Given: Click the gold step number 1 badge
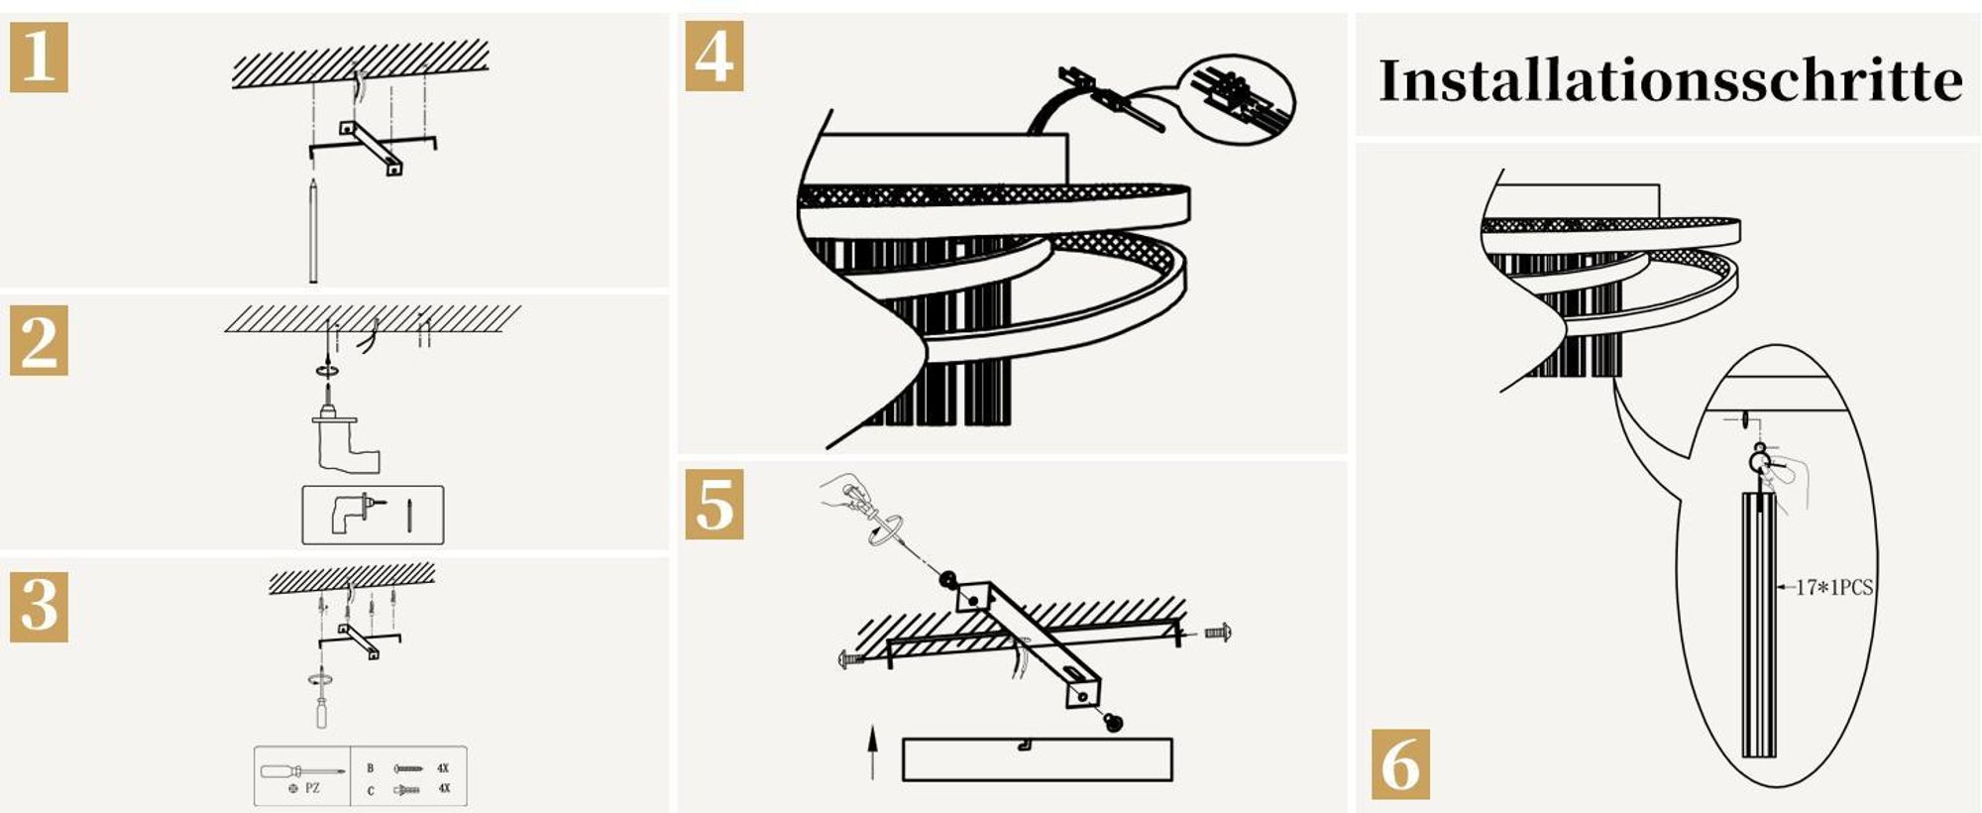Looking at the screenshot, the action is coord(39,57).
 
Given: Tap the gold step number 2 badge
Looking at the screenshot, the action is coord(39,340).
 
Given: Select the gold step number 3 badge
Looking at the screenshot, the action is coord(39,606).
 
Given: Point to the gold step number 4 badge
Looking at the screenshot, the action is coord(715,57).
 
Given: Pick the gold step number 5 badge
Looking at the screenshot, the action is coord(715,506).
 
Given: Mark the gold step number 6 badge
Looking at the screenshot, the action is coord(1400,763).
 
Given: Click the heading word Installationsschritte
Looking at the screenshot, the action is coord(1670,80).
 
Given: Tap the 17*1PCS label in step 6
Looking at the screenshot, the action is coord(1834,588).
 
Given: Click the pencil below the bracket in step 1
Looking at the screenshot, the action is coord(313,231).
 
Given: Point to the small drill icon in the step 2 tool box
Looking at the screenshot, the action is coord(358,514).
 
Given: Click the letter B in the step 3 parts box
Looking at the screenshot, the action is coord(371,768).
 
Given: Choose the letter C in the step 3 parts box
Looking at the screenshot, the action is coord(371,790).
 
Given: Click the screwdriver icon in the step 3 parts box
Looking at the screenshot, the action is coord(302,770).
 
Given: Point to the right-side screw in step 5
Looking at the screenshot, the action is coord(1218,632).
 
